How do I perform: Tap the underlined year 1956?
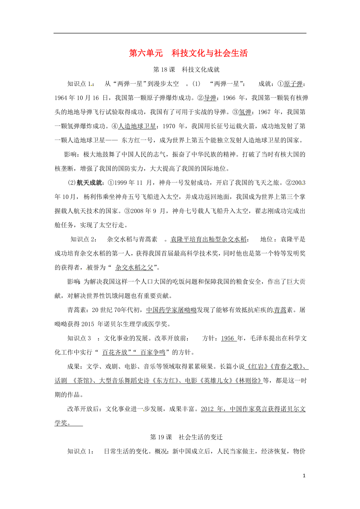[x=228, y=339]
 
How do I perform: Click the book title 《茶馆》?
[x=84, y=381]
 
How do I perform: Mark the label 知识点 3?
[x=79, y=339]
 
